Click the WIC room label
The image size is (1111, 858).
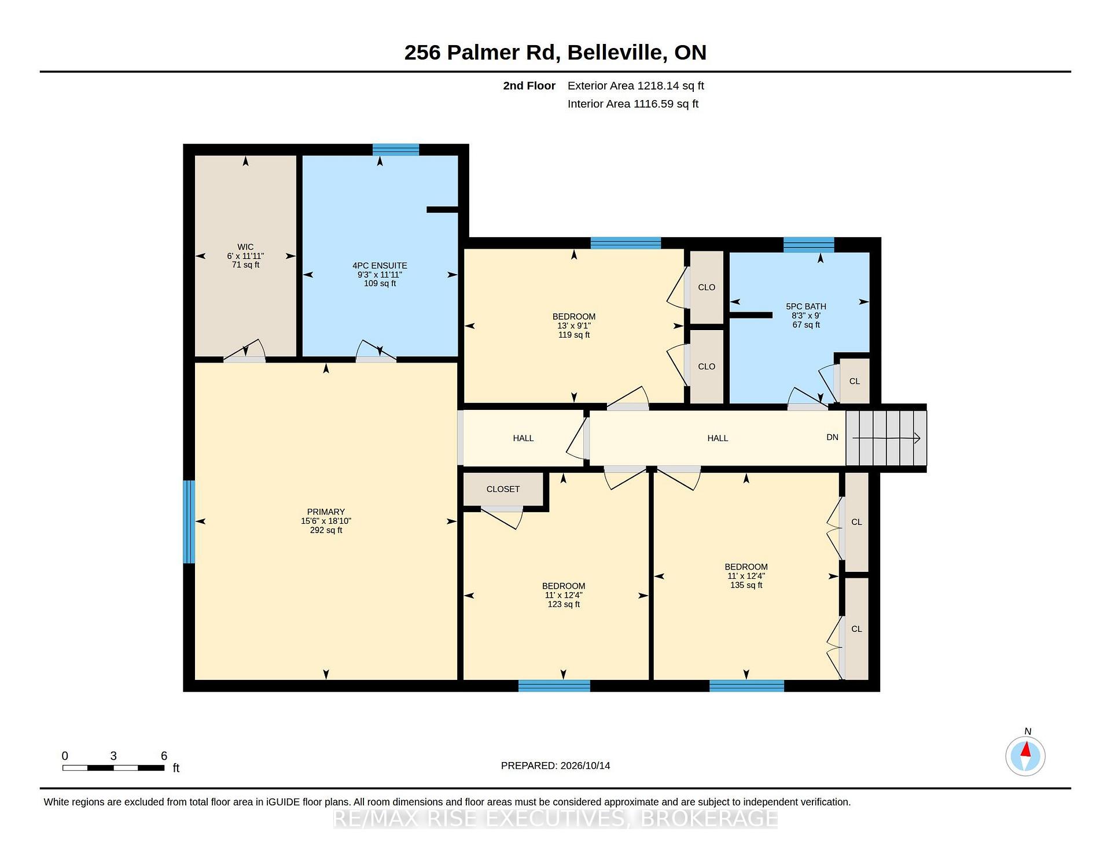(245, 247)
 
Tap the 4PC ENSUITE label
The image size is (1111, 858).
(380, 265)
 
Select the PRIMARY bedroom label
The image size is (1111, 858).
(326, 512)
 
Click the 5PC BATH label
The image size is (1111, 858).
(806, 306)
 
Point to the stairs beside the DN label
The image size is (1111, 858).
(886, 438)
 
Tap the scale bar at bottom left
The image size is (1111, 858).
(113, 768)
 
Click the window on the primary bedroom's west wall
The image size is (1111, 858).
(189, 522)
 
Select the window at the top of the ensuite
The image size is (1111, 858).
(396, 150)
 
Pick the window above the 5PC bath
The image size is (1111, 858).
(809, 245)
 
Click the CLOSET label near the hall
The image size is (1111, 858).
(503, 489)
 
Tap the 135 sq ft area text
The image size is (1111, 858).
(746, 585)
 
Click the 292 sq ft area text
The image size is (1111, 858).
(326, 530)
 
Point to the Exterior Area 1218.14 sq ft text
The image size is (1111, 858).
(636, 86)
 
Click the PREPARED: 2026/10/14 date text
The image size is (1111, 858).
(555, 765)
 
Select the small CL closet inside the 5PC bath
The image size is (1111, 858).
(855, 380)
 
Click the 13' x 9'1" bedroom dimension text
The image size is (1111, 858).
(574, 326)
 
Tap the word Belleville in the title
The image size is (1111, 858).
(615, 53)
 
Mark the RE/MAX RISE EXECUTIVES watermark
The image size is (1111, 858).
(555, 819)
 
